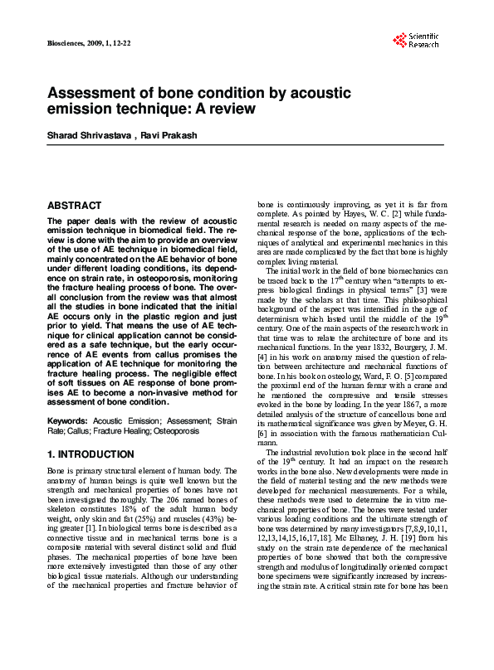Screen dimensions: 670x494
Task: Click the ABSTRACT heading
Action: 75,205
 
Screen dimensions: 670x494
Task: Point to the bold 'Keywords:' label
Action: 67,421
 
